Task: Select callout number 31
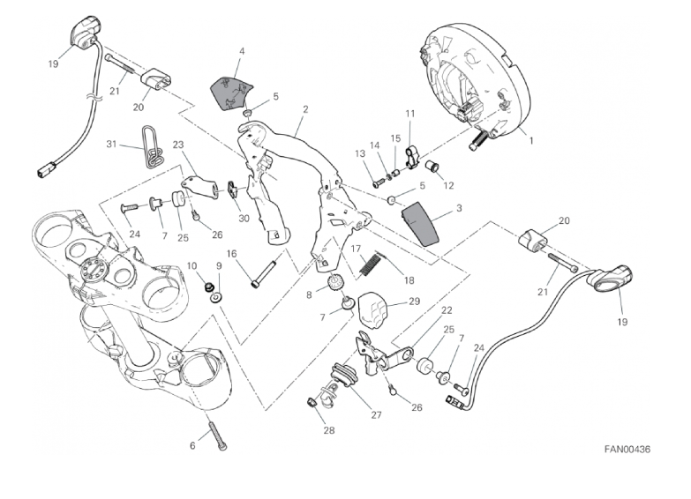tap(111, 144)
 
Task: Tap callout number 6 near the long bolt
tap(192, 445)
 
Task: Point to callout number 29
tap(414, 302)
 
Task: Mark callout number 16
tap(232, 255)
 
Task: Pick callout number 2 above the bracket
tap(304, 110)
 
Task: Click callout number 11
tap(409, 114)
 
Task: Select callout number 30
tap(244, 220)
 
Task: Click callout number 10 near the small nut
tap(192, 265)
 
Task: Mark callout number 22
tap(447, 309)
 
